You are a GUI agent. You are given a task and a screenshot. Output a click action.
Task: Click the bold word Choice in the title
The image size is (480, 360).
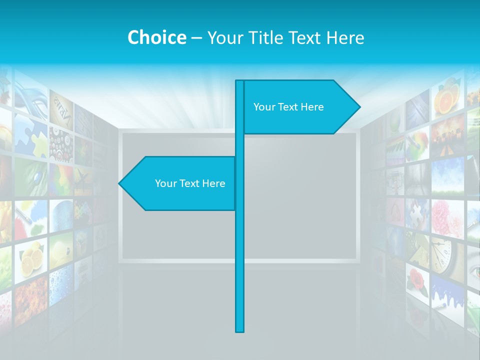(x=156, y=37)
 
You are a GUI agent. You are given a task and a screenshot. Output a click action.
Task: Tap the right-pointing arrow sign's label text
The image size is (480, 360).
(x=288, y=107)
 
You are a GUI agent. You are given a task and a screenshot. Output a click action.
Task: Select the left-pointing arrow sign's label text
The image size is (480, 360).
(x=190, y=183)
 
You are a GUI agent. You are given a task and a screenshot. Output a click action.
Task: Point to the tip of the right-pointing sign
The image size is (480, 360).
(x=359, y=107)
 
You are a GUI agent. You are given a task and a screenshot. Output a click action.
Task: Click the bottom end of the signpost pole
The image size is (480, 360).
(x=240, y=330)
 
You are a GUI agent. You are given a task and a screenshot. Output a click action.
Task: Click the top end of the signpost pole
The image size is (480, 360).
(x=240, y=81)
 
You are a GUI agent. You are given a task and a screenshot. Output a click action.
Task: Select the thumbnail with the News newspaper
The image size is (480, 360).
(x=61, y=108)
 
